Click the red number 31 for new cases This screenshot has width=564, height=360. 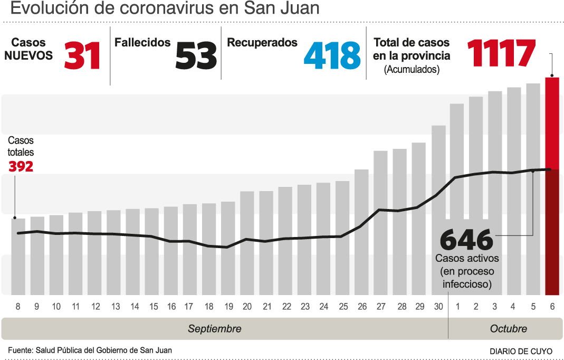[82, 55]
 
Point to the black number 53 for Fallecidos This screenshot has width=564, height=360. [196, 55]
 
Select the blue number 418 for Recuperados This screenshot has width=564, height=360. [332, 55]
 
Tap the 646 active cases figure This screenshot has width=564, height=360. [466, 240]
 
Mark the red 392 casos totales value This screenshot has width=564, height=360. [21, 167]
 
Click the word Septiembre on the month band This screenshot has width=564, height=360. [215, 329]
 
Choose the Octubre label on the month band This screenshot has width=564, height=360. [508, 329]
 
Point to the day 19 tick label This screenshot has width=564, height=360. [228, 307]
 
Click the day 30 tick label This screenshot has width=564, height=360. [438, 307]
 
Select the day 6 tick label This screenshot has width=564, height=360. [552, 307]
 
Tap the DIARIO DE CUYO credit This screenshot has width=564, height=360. [521, 351]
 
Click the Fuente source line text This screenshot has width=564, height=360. [90, 350]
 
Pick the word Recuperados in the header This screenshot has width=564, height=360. [262, 43]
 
